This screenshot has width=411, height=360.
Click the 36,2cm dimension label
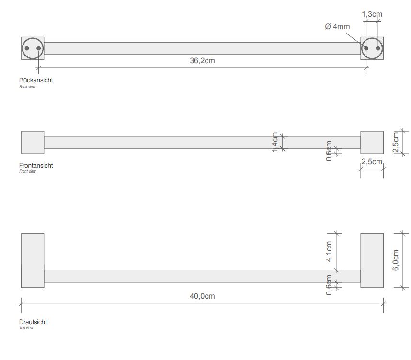(x=202, y=60)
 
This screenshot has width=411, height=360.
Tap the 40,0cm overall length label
(x=202, y=296)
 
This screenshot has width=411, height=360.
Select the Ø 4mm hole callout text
(x=337, y=26)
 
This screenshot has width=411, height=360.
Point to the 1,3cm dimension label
(x=372, y=14)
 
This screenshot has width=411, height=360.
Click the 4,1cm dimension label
(x=329, y=251)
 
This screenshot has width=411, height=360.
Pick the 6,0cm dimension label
(x=396, y=260)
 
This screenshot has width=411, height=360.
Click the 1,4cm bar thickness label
(x=274, y=142)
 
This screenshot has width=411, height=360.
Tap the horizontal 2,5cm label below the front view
(x=372, y=162)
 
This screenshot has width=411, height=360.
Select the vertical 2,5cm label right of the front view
(x=396, y=142)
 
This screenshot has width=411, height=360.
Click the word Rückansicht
(x=36, y=80)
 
